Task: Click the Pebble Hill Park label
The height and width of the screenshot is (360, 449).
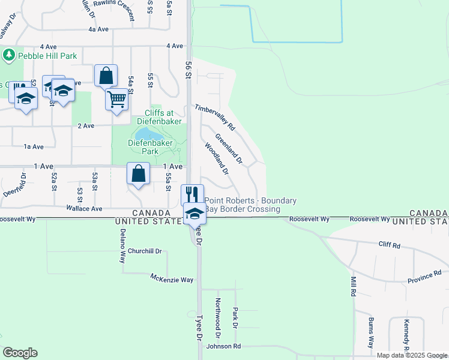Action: (x=47, y=56)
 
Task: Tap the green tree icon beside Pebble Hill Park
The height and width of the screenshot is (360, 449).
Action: (x=8, y=56)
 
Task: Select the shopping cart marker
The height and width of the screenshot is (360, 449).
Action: (x=117, y=98)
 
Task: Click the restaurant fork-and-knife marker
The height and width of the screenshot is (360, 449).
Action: (x=192, y=194)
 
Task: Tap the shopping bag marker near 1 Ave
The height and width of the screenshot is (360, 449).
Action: (x=138, y=174)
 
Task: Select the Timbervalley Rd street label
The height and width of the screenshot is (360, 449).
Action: (x=214, y=118)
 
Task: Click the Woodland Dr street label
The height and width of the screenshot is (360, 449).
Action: (x=217, y=158)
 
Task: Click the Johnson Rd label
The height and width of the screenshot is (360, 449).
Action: (x=223, y=347)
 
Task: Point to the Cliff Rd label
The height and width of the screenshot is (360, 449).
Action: (x=390, y=245)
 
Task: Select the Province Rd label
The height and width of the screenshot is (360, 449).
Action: (x=424, y=277)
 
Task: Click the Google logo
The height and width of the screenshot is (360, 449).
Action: (x=20, y=352)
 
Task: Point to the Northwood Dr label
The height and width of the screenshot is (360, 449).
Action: (x=218, y=314)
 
